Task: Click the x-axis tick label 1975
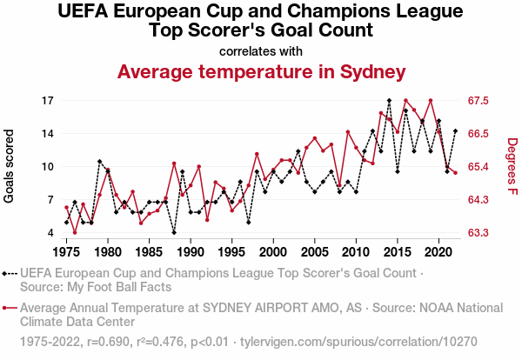[67, 252]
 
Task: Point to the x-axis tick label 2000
[273, 252]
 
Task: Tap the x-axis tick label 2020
[438, 252]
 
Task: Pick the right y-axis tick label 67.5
[481, 101]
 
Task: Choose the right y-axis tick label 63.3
[481, 233]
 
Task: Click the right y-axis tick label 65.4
[481, 167]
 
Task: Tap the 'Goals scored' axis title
[10, 167]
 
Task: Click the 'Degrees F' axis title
[512, 167]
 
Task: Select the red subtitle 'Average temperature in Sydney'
[261, 71]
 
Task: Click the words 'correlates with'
[261, 50]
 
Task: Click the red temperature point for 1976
[75, 232]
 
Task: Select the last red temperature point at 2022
[455, 173]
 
